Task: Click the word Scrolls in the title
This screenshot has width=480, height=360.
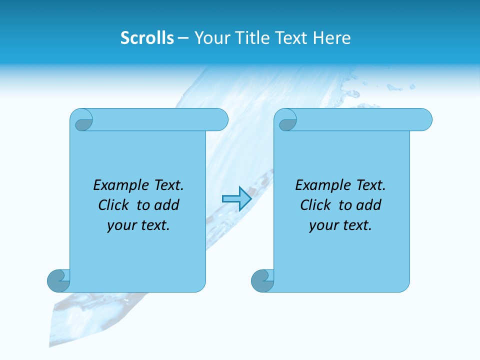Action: click(147, 38)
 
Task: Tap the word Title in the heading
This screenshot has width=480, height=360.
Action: click(249, 38)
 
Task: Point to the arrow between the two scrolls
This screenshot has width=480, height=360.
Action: click(236, 199)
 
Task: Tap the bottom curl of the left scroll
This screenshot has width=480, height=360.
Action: click(59, 280)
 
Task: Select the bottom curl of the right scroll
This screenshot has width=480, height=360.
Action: click(262, 280)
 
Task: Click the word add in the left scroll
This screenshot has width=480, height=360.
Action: click(166, 205)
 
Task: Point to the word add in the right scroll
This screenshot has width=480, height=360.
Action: click(368, 205)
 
